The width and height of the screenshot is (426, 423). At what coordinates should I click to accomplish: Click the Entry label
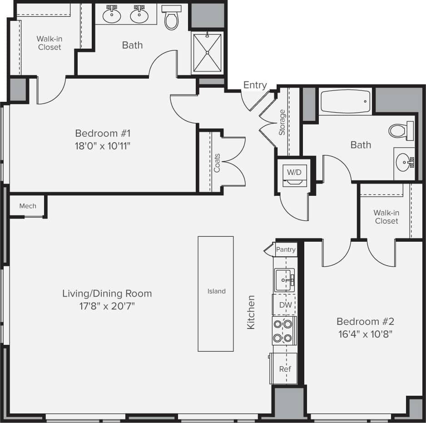[255, 85]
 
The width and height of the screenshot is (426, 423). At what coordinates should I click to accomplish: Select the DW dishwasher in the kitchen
[285, 305]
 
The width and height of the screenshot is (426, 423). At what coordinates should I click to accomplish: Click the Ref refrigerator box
[284, 368]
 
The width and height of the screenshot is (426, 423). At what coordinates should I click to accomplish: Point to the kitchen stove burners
[284, 331]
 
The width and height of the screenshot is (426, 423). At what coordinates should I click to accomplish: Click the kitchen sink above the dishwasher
[285, 280]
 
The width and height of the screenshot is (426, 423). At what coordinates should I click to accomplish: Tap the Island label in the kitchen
[216, 291]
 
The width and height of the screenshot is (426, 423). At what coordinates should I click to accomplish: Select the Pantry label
[286, 249]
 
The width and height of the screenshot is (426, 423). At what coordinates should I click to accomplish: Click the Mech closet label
[28, 206]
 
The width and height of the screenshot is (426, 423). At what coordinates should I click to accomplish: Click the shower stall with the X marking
[207, 53]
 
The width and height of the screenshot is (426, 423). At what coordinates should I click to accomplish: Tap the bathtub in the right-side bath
[345, 102]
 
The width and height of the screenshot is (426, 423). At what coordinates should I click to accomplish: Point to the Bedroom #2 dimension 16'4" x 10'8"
[365, 334]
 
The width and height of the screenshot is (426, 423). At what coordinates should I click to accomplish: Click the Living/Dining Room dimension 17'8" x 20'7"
[106, 306]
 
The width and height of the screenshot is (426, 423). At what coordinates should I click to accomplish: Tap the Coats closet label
[217, 163]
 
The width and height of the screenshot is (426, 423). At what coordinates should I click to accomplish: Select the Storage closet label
[282, 122]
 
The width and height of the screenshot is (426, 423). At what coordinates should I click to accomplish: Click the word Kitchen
[251, 312]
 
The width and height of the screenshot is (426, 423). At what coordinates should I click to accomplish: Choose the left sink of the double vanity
[111, 15]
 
